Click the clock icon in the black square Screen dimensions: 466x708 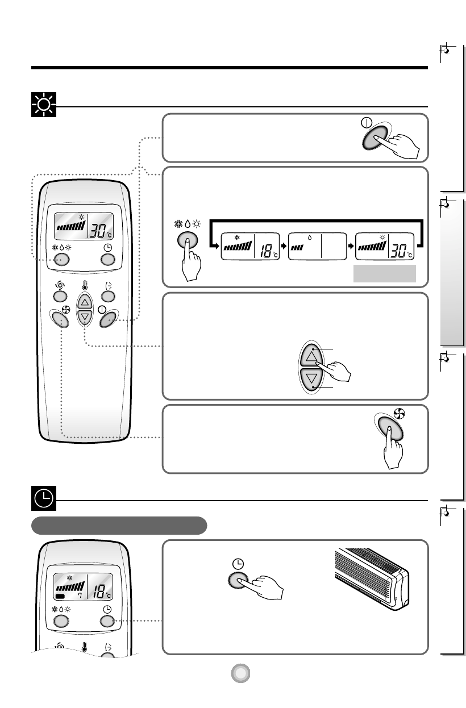point(41,499)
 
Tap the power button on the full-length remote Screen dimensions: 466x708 point(107,320)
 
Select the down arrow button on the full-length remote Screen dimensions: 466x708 point(84,316)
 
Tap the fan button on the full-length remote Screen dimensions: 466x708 point(61,320)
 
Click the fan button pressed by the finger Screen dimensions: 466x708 point(390,431)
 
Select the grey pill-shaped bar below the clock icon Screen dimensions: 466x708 point(119,525)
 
